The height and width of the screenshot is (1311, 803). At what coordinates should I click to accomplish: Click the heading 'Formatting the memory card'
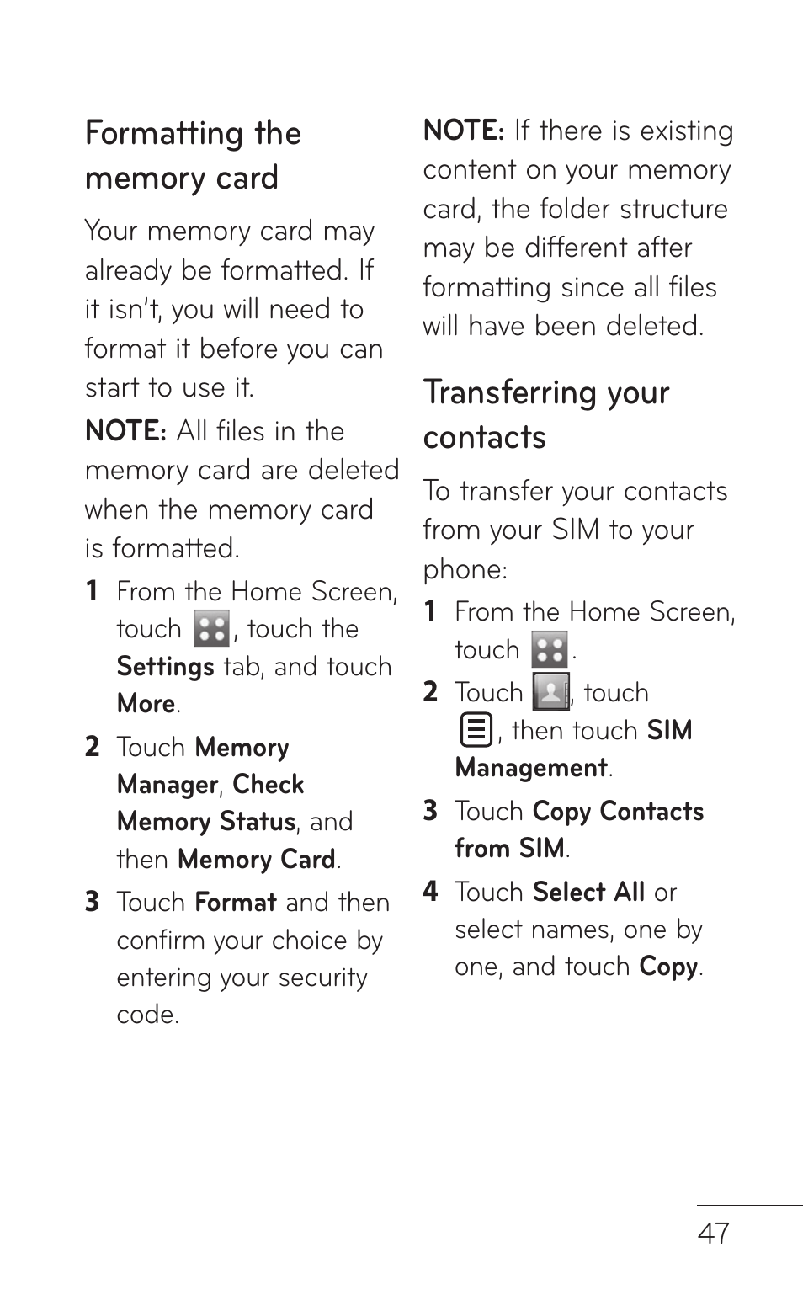pyautogui.click(x=193, y=156)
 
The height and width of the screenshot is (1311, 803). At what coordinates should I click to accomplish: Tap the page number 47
pyautogui.click(x=713, y=1233)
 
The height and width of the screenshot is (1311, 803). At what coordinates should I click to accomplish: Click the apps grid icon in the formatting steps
pyautogui.click(x=210, y=629)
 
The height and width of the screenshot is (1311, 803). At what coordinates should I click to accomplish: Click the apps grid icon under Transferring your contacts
pyautogui.click(x=549, y=650)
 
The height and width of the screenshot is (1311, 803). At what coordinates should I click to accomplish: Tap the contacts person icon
pyautogui.click(x=550, y=692)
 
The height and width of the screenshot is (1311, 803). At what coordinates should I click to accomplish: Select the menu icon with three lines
pyautogui.click(x=476, y=730)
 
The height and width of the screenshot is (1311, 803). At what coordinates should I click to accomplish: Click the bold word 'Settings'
pyautogui.click(x=165, y=667)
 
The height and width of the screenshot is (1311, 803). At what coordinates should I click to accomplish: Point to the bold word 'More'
pyautogui.click(x=146, y=704)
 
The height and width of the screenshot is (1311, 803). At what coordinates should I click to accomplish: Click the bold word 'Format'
pyautogui.click(x=235, y=903)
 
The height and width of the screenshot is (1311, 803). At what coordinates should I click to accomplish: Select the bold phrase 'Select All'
pyautogui.click(x=588, y=892)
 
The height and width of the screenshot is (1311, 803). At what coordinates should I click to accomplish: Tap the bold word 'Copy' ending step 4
pyautogui.click(x=668, y=967)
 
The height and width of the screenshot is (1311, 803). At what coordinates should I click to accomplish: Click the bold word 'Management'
pyautogui.click(x=531, y=768)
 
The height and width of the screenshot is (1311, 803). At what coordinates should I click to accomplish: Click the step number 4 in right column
pyautogui.click(x=430, y=892)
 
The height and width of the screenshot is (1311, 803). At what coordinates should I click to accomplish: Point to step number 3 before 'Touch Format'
pyautogui.click(x=93, y=903)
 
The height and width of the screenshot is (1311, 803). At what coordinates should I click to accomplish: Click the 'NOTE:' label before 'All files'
pyautogui.click(x=126, y=431)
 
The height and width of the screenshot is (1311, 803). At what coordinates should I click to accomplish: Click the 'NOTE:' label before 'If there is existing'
pyautogui.click(x=464, y=131)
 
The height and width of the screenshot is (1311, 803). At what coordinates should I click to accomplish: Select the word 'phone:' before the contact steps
pyautogui.click(x=465, y=570)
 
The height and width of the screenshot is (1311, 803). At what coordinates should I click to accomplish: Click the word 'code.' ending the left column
pyautogui.click(x=147, y=1015)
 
